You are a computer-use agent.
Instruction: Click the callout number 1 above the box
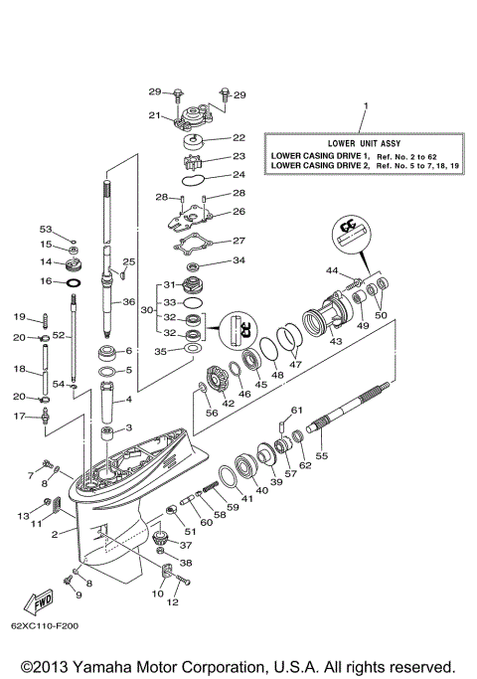pos(365,105)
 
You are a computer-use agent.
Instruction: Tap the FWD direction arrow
pos(44,600)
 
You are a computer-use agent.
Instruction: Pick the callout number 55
pos(320,454)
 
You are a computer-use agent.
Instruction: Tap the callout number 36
pos(128,302)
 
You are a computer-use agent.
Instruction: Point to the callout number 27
pos(238,241)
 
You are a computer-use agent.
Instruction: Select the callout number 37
pos(185,544)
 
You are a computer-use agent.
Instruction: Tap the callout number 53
pos(46,228)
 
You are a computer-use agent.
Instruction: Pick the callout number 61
pos(295,411)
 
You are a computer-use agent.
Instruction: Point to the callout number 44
pos(331,270)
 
